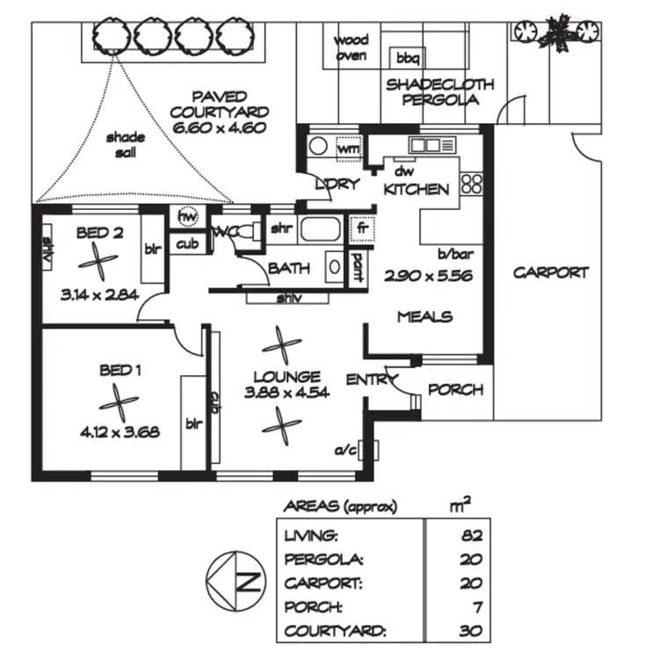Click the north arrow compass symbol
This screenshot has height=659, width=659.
pos(233,581)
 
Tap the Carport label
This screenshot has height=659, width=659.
pos(551,272)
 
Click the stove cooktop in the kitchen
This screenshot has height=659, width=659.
pos(472,184)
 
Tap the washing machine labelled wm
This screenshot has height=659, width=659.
pos(349,149)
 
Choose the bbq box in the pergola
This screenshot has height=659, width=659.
pos(407,58)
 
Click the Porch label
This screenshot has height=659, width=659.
pos(455,389)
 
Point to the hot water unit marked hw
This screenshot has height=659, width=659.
pos(187,216)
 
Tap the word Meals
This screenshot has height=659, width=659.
pos(424,316)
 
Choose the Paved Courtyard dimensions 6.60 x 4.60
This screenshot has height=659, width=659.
pos(220,128)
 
